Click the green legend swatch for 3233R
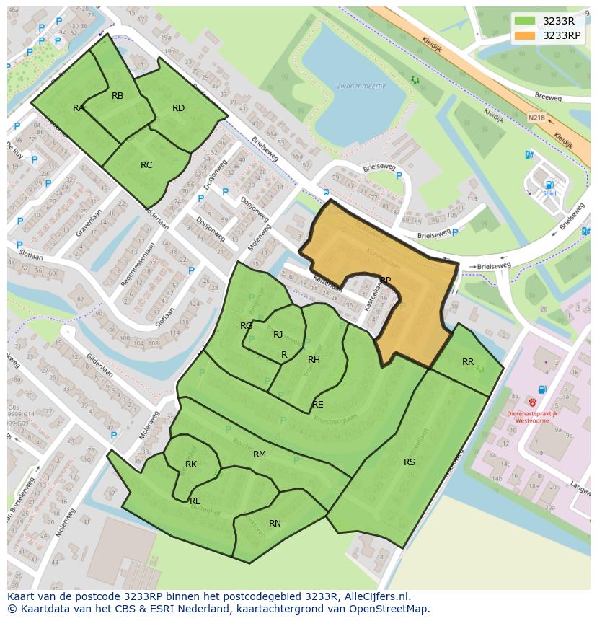(x=525, y=21)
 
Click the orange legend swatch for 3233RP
(x=525, y=35)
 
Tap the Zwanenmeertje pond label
(x=361, y=86)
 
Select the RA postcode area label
(x=79, y=108)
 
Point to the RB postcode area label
(x=118, y=96)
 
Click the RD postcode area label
(x=178, y=108)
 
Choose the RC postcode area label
(x=146, y=165)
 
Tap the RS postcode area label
(x=410, y=462)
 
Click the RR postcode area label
(x=468, y=362)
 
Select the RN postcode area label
(x=275, y=524)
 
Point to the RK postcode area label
(x=191, y=464)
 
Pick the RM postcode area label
(x=260, y=454)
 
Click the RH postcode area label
(x=314, y=360)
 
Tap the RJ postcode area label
(x=278, y=335)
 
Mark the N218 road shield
(x=536, y=117)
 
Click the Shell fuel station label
(x=550, y=193)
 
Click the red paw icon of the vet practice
(x=532, y=402)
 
